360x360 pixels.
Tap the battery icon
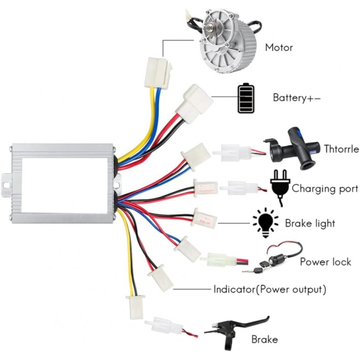[x=246, y=98]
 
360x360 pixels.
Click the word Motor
[x=279, y=47]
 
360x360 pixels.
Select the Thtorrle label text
[x=341, y=148]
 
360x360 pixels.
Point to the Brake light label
[x=310, y=223]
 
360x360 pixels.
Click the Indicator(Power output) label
[x=270, y=289]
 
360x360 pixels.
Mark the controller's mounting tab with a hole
[x=6, y=182]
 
